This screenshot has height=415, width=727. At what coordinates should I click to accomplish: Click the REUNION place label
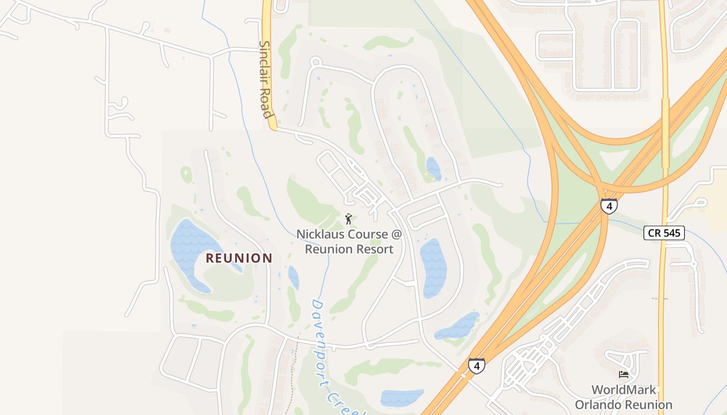click(x=239, y=258)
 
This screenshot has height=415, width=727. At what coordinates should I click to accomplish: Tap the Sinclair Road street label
click(x=265, y=79)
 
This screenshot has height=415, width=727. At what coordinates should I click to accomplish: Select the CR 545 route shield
click(x=664, y=233)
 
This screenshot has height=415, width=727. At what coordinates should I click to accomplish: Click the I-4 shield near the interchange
click(x=609, y=206)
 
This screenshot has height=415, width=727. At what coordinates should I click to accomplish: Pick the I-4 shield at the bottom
click(x=476, y=366)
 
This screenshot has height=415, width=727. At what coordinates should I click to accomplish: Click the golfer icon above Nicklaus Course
click(x=348, y=219)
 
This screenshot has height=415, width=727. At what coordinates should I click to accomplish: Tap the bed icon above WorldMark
click(x=624, y=375)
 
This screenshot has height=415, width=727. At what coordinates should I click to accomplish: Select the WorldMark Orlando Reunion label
click(x=624, y=397)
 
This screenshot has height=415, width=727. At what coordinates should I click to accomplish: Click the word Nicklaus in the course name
click(x=320, y=234)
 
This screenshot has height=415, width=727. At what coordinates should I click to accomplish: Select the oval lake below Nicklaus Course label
click(x=433, y=267)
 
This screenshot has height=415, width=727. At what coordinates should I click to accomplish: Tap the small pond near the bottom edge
click(x=401, y=398)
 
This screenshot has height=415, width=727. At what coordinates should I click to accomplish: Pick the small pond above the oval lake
click(x=433, y=169)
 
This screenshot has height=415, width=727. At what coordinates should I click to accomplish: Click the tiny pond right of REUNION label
click(x=293, y=277)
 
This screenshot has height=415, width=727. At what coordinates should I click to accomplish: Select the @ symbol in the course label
click(x=396, y=234)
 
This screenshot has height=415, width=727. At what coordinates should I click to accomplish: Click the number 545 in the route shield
click(x=672, y=233)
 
